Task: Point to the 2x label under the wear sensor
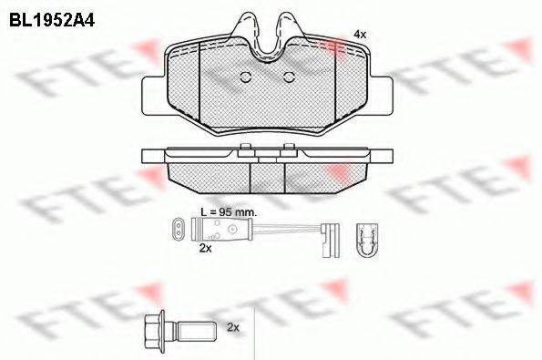point(205,247)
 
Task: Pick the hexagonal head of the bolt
point(152,326)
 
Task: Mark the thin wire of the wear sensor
point(282,228)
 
